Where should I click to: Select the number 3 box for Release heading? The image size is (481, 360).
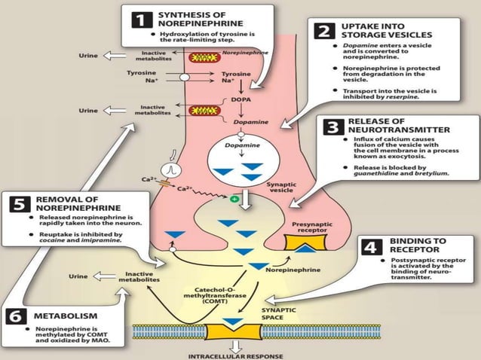coord(332,127)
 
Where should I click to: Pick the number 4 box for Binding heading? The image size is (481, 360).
coord(372,247)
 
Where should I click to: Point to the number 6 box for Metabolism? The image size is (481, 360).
coord(17,316)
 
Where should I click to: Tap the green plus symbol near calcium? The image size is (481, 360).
coord(234,198)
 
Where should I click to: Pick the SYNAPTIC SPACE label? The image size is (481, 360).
coord(278,314)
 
